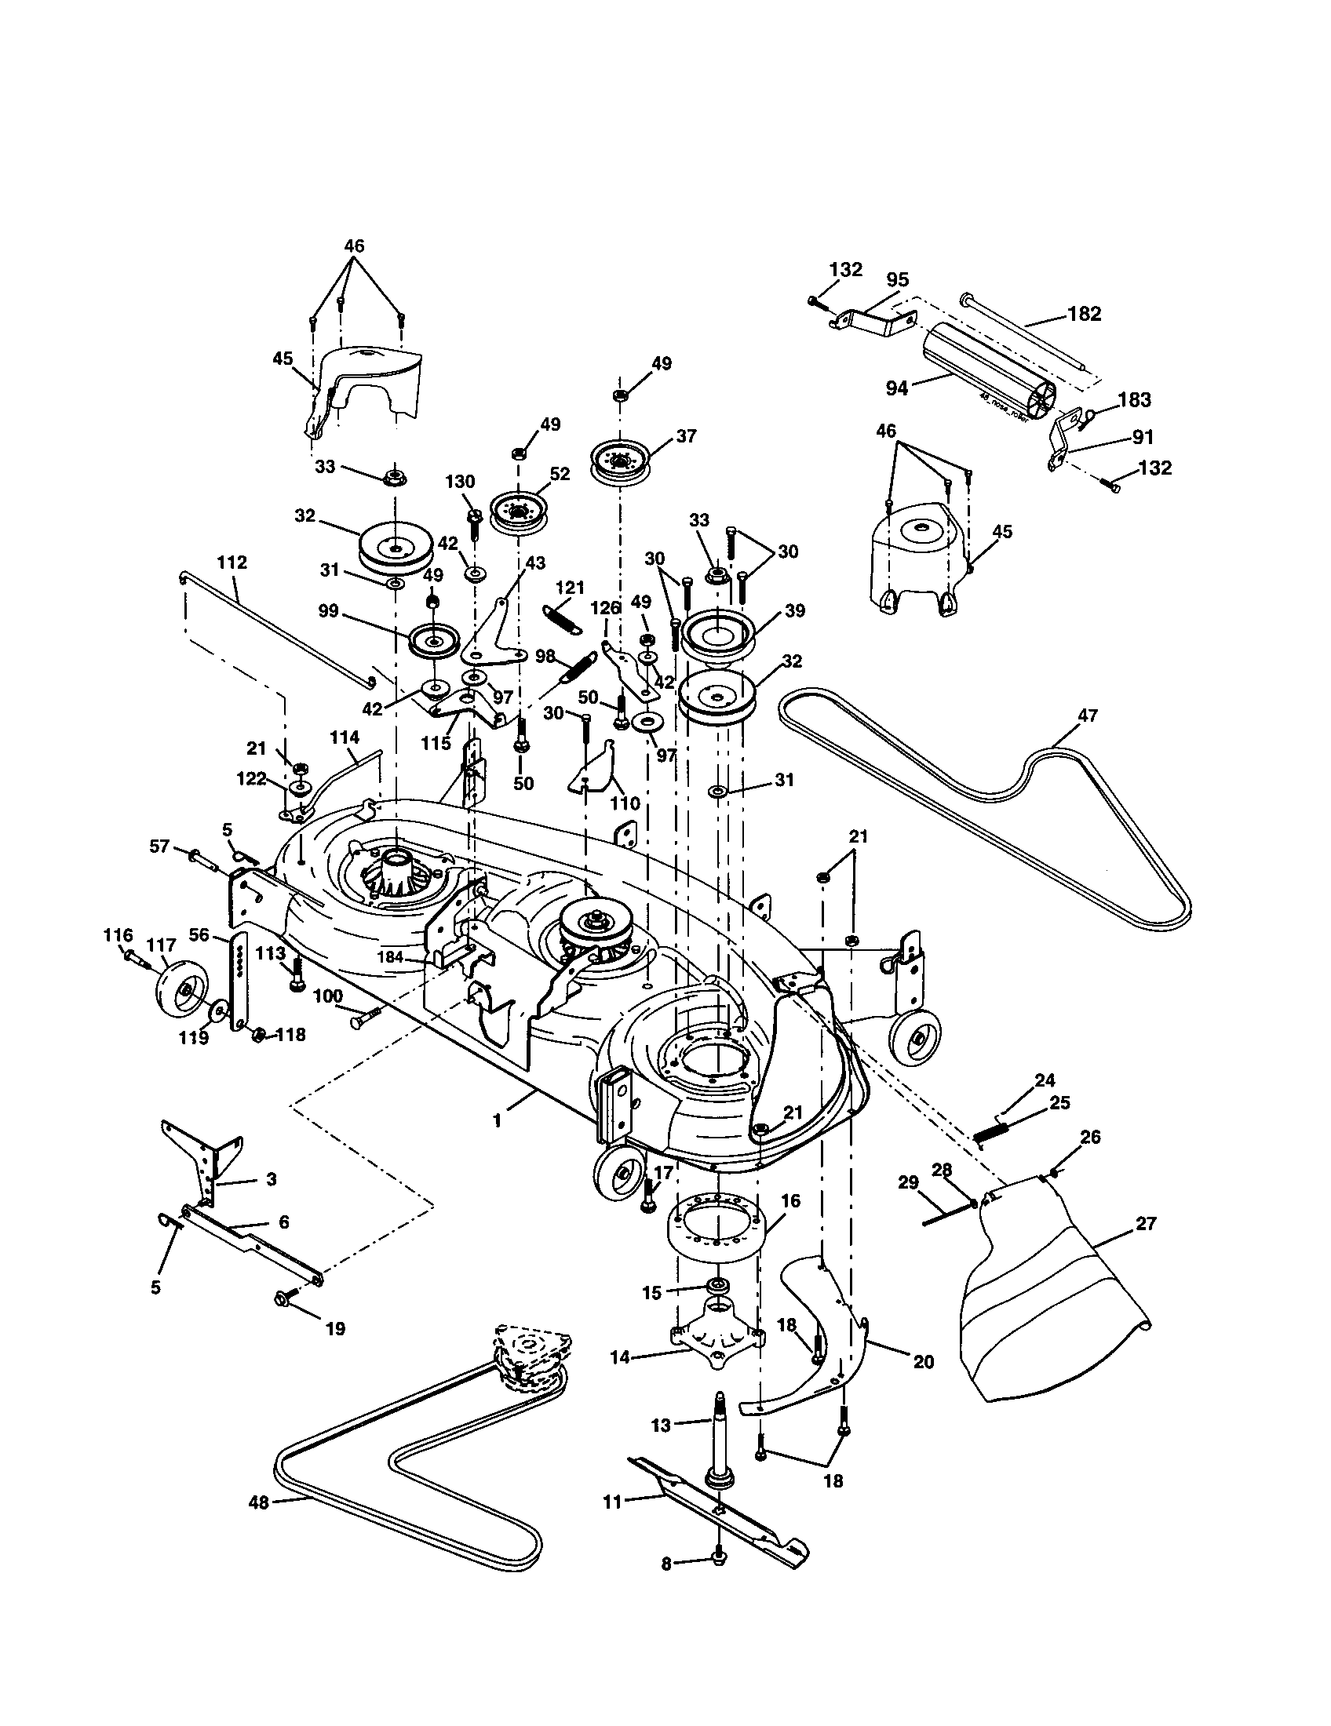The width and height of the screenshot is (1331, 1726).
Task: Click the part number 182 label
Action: pyautogui.click(x=1084, y=314)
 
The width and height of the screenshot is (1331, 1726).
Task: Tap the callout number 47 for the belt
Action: pyautogui.click(x=1088, y=716)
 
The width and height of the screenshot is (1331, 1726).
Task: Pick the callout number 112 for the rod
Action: pyautogui.click(x=232, y=563)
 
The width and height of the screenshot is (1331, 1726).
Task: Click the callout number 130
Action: pyautogui.click(x=460, y=481)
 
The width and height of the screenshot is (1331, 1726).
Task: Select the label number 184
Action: pyautogui.click(x=390, y=957)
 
